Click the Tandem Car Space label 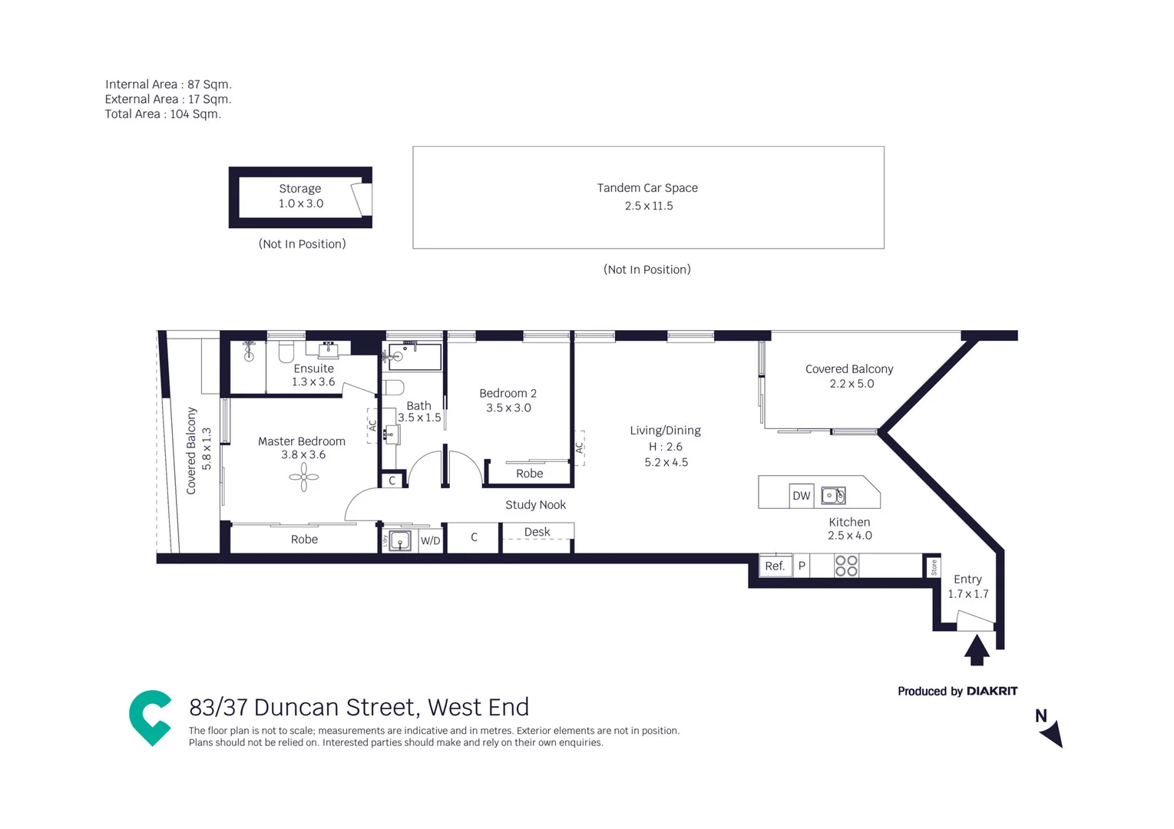pyautogui.click(x=647, y=188)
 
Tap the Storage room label pyautogui.click(x=299, y=189)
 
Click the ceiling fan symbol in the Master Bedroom pyautogui.click(x=304, y=477)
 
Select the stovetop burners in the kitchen pyautogui.click(x=846, y=566)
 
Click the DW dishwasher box pyautogui.click(x=801, y=496)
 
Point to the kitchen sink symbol pyautogui.click(x=833, y=496)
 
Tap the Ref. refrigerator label pyautogui.click(x=775, y=566)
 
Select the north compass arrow pyautogui.click(x=1053, y=734)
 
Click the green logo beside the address pyautogui.click(x=150, y=717)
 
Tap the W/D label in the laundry pyautogui.click(x=431, y=541)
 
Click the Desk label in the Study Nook pyautogui.click(x=537, y=532)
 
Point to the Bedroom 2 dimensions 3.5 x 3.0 pyautogui.click(x=508, y=408)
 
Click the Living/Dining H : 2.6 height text pyautogui.click(x=665, y=447)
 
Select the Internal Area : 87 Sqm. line pyautogui.click(x=168, y=84)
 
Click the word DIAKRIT pyautogui.click(x=992, y=692)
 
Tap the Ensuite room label pyautogui.click(x=313, y=368)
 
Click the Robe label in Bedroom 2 pyautogui.click(x=530, y=474)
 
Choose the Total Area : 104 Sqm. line pyautogui.click(x=163, y=114)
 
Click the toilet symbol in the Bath pyautogui.click(x=393, y=387)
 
